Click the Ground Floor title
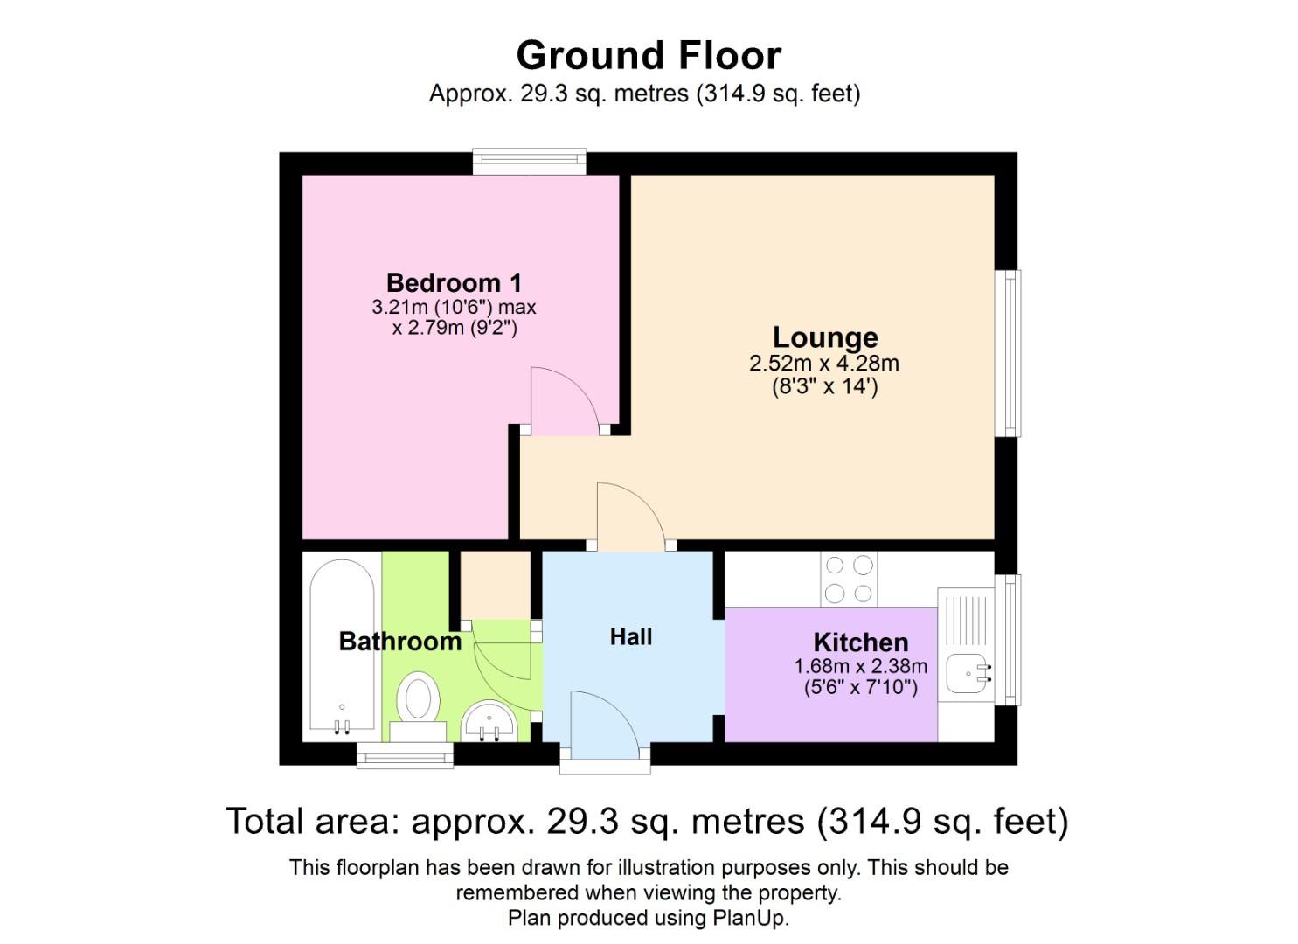[x=649, y=56]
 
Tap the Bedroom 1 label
[x=454, y=283]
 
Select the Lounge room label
[x=825, y=337]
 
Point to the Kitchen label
[x=860, y=642]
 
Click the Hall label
[x=631, y=637]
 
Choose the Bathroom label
[x=399, y=641]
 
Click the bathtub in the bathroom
[x=342, y=646]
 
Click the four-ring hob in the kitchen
[x=849, y=579]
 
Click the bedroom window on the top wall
[x=529, y=162]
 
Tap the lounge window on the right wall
[x=1009, y=353]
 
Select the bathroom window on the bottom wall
[x=405, y=755]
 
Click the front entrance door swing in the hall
[x=606, y=725]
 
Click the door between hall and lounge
[x=632, y=517]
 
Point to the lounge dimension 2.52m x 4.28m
[x=824, y=364]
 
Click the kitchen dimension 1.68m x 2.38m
[x=860, y=666]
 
